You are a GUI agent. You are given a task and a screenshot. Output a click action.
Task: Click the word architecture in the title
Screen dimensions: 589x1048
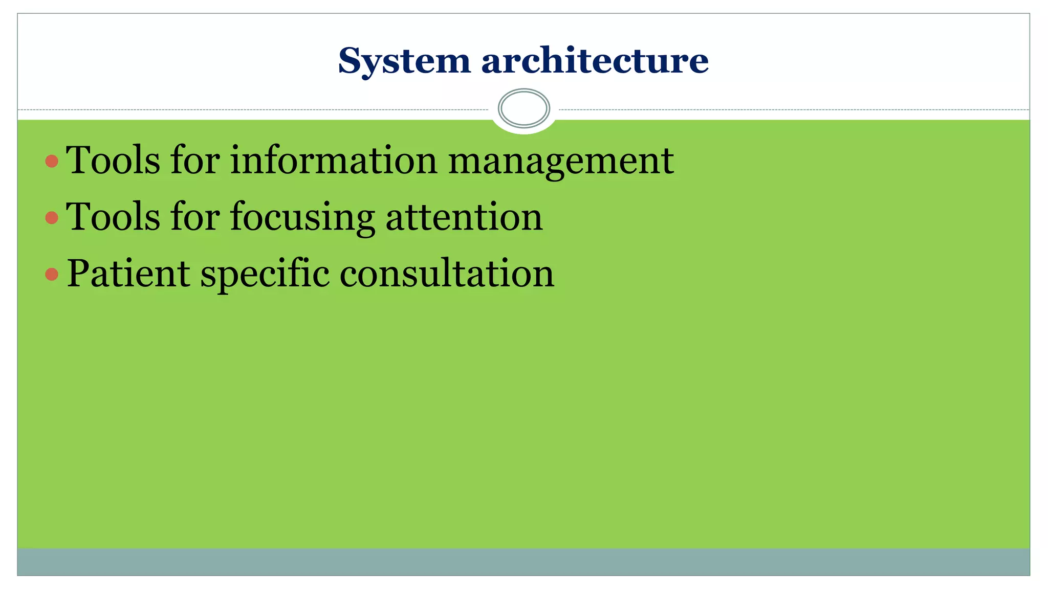pos(595,60)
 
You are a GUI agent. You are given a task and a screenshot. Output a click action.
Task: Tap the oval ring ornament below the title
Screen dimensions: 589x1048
pos(523,108)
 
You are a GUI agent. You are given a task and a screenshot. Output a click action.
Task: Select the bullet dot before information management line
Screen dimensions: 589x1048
pos(52,162)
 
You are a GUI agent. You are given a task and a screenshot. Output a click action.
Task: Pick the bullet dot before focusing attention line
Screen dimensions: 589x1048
pos(52,218)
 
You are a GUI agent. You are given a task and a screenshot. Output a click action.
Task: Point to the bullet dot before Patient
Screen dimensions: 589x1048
pos(52,275)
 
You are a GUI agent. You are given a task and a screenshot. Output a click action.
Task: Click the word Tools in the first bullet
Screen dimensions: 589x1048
pos(113,161)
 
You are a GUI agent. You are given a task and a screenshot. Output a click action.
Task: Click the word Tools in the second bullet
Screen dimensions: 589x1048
pos(113,217)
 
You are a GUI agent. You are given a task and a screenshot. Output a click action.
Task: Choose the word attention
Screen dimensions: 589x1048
pos(464,217)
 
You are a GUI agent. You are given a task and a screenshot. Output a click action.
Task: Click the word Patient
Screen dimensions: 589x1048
pos(128,273)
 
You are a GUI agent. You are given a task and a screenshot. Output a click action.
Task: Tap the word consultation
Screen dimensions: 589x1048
pos(447,273)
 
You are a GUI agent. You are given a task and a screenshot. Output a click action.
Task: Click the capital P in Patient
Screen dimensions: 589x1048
pos(77,273)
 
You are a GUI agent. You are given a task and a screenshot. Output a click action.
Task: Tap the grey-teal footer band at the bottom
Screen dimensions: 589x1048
pos(523,562)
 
